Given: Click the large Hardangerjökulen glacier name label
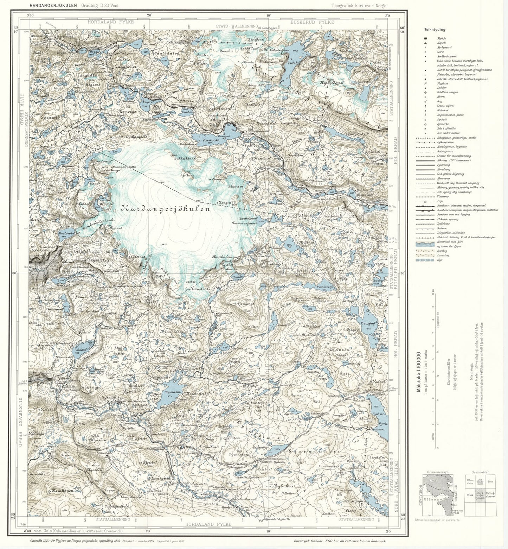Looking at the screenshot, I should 165,209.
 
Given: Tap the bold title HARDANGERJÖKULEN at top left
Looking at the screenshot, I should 50,6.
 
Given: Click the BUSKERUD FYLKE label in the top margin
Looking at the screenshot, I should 312,22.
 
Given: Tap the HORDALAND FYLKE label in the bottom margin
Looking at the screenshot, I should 208,524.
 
